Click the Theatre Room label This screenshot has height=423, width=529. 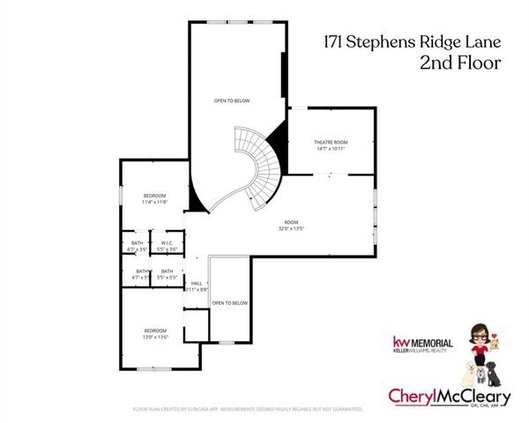tap(331, 142)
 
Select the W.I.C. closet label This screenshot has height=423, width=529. tap(165, 244)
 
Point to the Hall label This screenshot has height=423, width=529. tap(197, 283)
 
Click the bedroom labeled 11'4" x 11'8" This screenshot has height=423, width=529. tap(154, 198)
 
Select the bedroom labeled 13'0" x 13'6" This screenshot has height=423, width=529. tap(154, 334)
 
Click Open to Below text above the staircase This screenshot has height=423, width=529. tap(232, 100)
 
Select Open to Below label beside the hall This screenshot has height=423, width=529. tap(229, 302)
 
